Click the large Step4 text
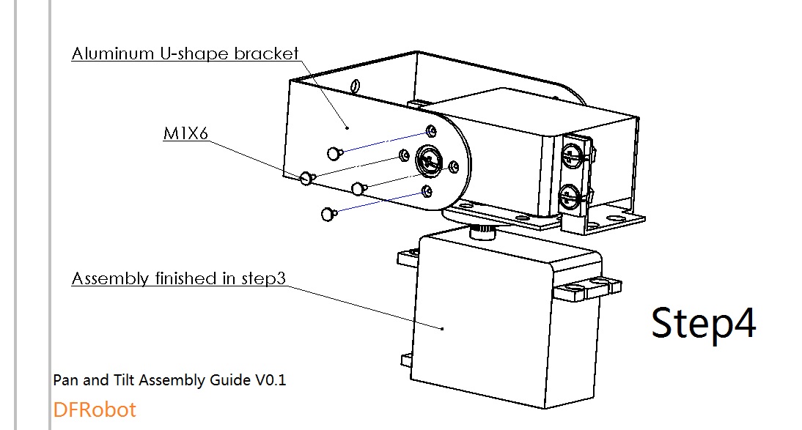[x=703, y=322]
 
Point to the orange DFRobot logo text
[x=95, y=409]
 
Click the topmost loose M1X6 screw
[x=334, y=152]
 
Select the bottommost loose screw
[x=328, y=214]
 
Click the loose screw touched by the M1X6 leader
[x=307, y=177]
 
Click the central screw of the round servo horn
[x=427, y=160]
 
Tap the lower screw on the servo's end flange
[x=569, y=195]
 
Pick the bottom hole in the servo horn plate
[x=427, y=191]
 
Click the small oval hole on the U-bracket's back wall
[x=354, y=88]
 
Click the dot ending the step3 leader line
[x=443, y=329]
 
